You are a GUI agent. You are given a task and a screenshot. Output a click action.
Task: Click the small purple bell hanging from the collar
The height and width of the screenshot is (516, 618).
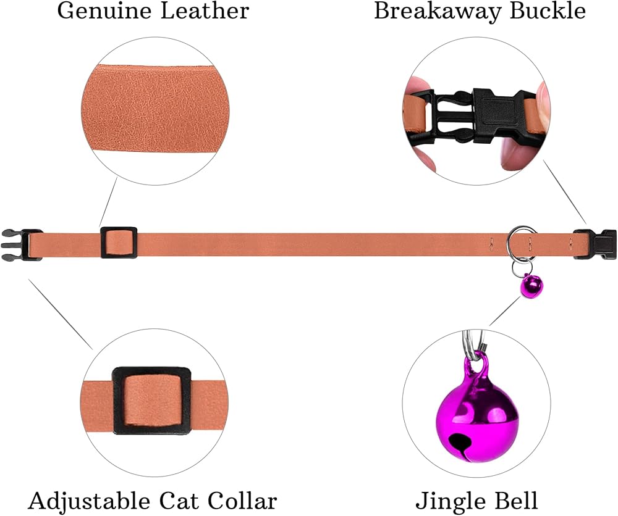tap(531, 286)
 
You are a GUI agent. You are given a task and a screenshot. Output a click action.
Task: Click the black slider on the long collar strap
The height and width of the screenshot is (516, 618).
tap(119, 243)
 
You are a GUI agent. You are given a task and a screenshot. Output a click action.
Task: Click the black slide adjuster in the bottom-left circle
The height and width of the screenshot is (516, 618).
tap(152, 401)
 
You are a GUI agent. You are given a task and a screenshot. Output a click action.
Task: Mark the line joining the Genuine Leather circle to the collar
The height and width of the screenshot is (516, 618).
tap(108, 207)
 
